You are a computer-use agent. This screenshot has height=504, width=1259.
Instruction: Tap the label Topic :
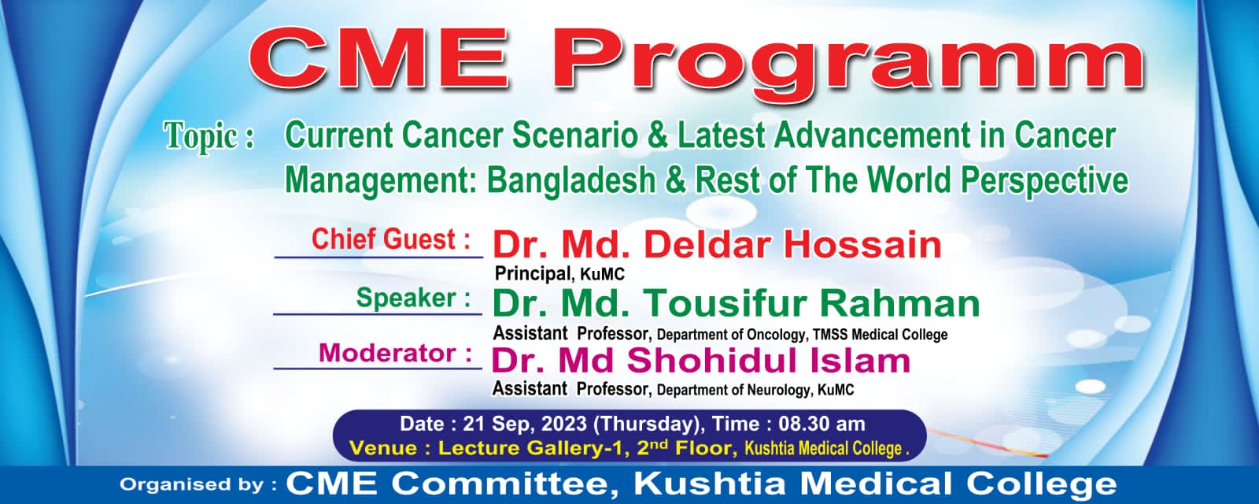209,137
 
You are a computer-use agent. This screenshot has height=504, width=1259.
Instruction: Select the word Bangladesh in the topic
571,181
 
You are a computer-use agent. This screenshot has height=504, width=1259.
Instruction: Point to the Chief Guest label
390,239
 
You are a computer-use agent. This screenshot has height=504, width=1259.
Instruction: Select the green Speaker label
413,298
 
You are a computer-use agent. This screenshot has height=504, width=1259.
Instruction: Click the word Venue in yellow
383,449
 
